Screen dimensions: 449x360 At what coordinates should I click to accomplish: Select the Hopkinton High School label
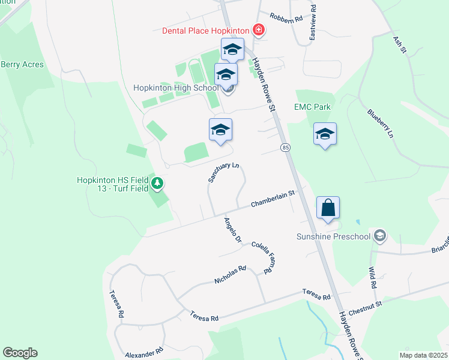coord(176,88)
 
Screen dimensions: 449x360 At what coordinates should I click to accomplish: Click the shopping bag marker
coord(328,208)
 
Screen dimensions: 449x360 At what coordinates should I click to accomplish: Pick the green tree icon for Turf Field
coord(157,184)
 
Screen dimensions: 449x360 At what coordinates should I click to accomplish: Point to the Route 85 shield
coord(285,147)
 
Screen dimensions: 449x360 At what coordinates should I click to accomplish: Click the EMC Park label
coord(312,107)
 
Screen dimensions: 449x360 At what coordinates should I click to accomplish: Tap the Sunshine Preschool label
coord(333,236)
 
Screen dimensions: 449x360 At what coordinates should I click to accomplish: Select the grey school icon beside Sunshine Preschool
coord(379,236)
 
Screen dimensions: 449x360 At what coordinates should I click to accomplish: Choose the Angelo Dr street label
coord(232,230)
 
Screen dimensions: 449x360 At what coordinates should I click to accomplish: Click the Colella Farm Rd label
coord(262,257)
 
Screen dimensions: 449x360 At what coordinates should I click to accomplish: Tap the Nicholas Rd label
coord(231,275)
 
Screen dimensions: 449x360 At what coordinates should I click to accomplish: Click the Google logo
coord(20,353)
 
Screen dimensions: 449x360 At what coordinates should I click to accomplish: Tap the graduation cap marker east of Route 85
coord(325,134)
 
